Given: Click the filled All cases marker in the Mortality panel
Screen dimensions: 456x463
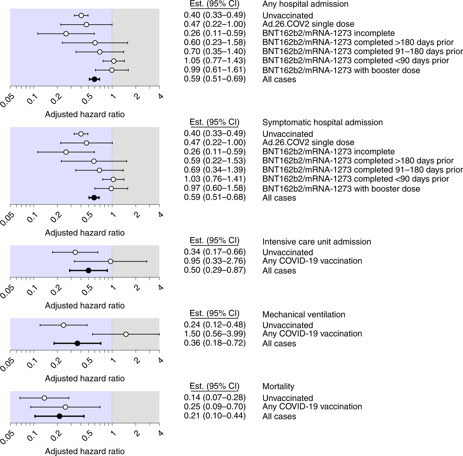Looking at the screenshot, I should point(59,416).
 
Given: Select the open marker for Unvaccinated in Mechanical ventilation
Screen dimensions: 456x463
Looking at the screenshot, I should point(63,325).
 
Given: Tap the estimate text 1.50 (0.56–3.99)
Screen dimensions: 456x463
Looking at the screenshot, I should point(215,334).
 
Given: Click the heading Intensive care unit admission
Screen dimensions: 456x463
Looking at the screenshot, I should point(316,242).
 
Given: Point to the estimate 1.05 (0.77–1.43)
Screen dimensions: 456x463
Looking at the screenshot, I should point(215,60).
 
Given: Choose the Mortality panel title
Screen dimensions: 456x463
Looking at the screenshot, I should point(278,386).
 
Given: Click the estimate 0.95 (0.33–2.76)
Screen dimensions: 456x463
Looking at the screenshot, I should point(215,261).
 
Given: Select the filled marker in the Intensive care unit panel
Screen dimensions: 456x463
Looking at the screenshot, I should point(88,270).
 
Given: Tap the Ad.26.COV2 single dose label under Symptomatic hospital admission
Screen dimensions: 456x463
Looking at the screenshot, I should point(308,143).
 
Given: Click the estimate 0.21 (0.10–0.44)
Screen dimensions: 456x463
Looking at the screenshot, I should point(215,416).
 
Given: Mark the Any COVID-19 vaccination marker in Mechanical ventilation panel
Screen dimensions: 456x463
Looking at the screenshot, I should point(126,334).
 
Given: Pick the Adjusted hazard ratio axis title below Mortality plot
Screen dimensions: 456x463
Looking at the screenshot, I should point(84,451).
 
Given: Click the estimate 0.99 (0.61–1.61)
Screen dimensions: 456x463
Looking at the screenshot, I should point(215,69).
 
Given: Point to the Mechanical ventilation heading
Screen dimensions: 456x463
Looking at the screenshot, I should point(303,315).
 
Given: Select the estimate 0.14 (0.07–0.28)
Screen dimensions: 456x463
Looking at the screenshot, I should point(215,398).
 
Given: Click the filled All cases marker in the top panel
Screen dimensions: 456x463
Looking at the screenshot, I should point(94,79).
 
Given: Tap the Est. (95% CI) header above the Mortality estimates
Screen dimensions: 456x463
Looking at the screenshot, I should point(215,386).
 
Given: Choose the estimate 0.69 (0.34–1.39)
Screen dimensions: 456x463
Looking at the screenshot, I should point(215,170).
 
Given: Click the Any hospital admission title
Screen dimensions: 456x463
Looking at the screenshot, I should point(305,4).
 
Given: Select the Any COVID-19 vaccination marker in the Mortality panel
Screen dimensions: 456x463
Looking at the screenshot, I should point(65,407).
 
